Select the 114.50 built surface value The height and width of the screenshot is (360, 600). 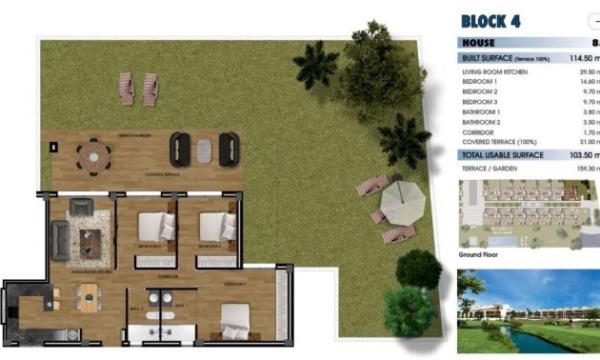pos(576,59)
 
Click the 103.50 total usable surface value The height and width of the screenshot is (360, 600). pos(576,154)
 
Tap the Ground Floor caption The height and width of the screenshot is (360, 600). pos(480,255)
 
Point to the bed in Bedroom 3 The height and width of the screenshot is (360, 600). pos(154,229)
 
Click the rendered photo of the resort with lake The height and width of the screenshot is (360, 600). pos(528,310)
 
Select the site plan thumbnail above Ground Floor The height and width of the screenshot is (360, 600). pos(528,214)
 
